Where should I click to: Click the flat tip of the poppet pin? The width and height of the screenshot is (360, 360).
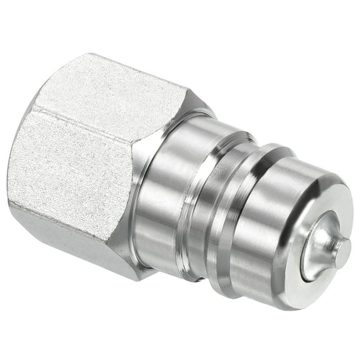click(x=342, y=252)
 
